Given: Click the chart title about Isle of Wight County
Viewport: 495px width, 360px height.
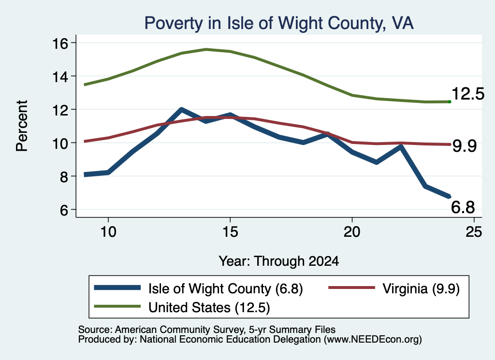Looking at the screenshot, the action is (279, 23).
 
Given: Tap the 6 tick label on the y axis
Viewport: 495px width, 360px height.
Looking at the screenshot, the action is (64, 210).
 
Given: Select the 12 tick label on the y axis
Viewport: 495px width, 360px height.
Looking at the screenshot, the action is (60, 110).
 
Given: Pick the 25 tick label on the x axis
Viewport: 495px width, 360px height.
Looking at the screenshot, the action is (474, 232).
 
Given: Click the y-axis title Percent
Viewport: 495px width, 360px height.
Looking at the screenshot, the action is (22, 126).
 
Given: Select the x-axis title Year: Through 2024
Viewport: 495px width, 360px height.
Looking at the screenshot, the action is (279, 261).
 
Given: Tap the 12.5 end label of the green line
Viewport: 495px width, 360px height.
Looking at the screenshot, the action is (468, 94).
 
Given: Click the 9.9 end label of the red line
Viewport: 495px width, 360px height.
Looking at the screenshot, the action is (465, 146).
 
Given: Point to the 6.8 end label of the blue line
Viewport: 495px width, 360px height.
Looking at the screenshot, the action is (463, 207).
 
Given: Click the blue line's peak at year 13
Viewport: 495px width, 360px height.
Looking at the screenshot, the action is (181, 110).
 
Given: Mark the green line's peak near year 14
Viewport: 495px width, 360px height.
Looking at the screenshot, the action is (206, 49).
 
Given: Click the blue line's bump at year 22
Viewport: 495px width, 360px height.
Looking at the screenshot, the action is (401, 146).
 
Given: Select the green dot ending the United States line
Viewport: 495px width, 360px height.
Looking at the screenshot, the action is (450, 101).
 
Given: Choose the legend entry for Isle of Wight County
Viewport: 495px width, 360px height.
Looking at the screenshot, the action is (199, 288).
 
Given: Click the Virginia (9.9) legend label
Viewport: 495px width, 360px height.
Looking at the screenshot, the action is (421, 288).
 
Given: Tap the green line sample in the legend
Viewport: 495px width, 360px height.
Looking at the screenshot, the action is (117, 306).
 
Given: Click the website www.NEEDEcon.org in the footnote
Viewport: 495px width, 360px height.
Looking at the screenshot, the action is (373, 340).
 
